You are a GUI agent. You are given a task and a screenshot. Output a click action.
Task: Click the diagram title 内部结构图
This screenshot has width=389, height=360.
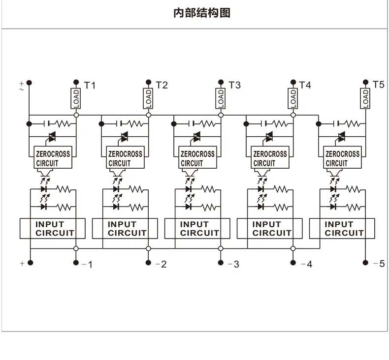click(202, 13)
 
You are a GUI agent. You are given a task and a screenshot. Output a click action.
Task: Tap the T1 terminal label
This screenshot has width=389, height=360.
click(90, 86)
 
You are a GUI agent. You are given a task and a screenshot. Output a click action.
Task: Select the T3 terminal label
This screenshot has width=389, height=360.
click(234, 85)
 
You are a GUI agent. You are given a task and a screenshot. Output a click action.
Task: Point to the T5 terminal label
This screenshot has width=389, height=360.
click(378, 85)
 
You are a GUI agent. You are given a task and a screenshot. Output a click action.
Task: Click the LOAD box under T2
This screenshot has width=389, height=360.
click(148, 99)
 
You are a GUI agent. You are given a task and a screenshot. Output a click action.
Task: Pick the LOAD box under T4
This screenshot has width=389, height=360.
click(293, 99)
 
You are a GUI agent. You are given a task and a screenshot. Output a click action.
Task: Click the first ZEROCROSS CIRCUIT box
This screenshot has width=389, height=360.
click(53, 157)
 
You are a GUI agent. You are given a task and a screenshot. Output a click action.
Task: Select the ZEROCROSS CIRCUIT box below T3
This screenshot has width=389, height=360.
click(198, 157)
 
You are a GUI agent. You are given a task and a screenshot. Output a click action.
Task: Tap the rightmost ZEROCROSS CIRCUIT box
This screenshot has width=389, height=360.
click(342, 157)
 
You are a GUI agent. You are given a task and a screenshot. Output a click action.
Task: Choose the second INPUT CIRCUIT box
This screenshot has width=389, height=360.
click(125, 229)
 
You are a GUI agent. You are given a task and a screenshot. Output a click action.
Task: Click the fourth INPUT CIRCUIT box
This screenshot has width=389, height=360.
click(270, 229)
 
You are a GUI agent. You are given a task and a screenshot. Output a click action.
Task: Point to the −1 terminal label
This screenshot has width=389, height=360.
click(87, 265)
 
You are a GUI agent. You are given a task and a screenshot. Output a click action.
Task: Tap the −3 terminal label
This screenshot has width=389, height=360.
click(233, 265)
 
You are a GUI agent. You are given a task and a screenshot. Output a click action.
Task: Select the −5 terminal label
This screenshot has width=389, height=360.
click(379, 264)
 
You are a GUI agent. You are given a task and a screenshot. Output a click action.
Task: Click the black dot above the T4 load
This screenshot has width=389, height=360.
click(293, 82)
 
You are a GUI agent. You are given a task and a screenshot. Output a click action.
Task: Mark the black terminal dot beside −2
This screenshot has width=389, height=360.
click(148, 263)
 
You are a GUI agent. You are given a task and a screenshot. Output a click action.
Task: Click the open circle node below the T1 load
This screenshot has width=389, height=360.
click(76, 115)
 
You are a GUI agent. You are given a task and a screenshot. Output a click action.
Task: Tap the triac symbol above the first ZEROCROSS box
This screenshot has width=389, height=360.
click(52, 137)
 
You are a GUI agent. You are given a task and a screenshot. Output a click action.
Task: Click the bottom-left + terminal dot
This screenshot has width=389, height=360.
click(30, 263)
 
